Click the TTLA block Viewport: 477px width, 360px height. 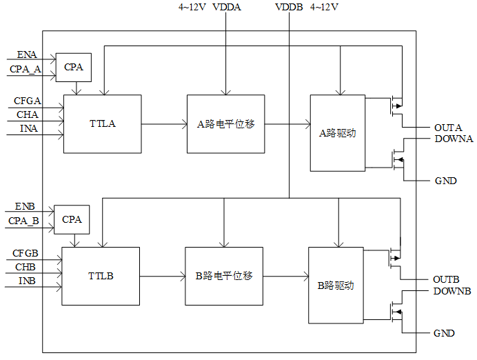[x=103, y=124]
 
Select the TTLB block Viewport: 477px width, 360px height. [x=101, y=276]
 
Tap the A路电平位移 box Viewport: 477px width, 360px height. [x=225, y=124]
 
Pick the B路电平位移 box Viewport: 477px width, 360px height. [x=224, y=276]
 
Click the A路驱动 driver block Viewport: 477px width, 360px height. [x=338, y=133]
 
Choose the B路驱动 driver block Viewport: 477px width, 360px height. [x=336, y=285]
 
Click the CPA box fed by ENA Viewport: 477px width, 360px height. [x=74, y=68]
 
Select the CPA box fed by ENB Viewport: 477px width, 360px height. [x=72, y=219]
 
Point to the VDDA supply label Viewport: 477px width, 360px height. [x=227, y=7]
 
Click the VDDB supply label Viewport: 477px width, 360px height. [x=289, y=7]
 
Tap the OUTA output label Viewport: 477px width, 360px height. [x=448, y=128]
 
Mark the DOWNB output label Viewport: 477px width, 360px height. [x=452, y=291]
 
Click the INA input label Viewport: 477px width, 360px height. [x=29, y=128]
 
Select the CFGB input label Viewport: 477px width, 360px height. [x=26, y=253]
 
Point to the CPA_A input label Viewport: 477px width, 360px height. [x=26, y=70]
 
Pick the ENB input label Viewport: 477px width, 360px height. [x=25, y=206]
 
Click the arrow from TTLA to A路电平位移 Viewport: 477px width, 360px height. [x=164, y=124]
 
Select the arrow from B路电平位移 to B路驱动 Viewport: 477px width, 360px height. [x=286, y=277]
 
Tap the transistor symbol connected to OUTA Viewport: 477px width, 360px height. [x=396, y=106]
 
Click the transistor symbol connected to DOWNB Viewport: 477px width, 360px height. [x=396, y=312]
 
